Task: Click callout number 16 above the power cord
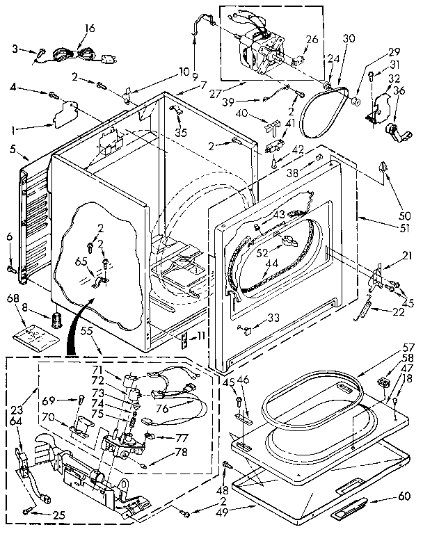tap(89, 29)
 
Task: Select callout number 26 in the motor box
tap(311, 39)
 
